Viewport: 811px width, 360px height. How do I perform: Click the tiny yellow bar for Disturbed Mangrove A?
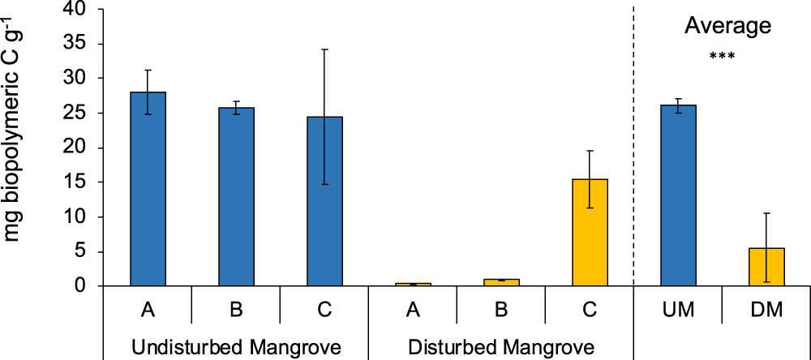tap(412, 284)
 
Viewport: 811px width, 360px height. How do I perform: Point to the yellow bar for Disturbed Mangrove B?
tap(500, 282)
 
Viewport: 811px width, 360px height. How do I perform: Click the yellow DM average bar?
tap(766, 267)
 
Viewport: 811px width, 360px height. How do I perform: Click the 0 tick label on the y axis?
tap(87, 286)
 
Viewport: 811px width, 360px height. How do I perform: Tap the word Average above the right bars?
tap(727, 26)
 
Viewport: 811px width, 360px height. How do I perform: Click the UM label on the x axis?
tap(678, 309)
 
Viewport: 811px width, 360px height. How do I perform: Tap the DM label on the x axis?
tap(766, 309)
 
